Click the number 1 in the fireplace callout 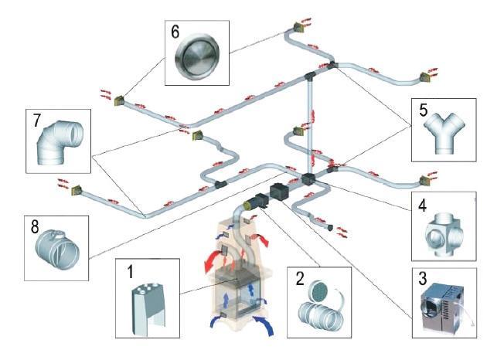pos(131,273)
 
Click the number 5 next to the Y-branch pos(423,110)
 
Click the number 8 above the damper pos(36,229)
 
